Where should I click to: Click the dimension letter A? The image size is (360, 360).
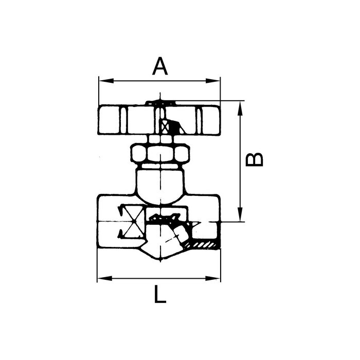(x=160, y=66)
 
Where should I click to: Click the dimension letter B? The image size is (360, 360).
(x=255, y=159)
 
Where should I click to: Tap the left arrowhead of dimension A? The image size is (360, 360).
(x=102, y=81)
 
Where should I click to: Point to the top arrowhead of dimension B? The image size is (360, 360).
(x=240, y=104)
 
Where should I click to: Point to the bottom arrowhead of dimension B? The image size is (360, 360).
(x=240, y=218)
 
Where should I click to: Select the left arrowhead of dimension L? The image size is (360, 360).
(x=101, y=278)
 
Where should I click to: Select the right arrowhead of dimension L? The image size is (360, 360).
(x=217, y=278)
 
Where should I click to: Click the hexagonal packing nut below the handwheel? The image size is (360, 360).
(x=160, y=153)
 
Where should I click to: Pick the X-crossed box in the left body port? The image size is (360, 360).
(x=132, y=222)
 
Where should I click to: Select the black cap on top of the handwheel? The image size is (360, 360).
(x=160, y=103)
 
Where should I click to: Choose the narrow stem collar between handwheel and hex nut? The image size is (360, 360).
(x=160, y=139)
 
